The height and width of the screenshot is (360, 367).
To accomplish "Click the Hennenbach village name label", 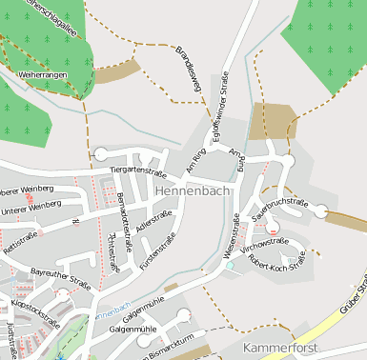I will [x=191, y=191].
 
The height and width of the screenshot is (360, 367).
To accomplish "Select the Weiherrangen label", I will [x=44, y=73].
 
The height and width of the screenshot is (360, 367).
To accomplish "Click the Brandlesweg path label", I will [x=188, y=70].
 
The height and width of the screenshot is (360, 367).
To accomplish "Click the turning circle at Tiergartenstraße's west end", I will [x=101, y=153].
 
